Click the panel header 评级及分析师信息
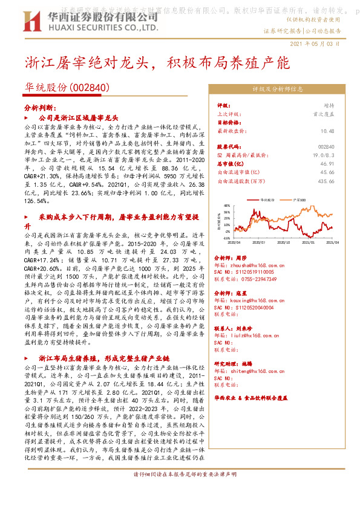point(278,89)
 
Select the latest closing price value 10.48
point(328,130)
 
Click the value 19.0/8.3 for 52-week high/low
point(325,155)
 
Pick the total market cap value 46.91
point(328,163)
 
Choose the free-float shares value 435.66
point(327,181)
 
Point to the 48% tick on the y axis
point(226,205)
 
